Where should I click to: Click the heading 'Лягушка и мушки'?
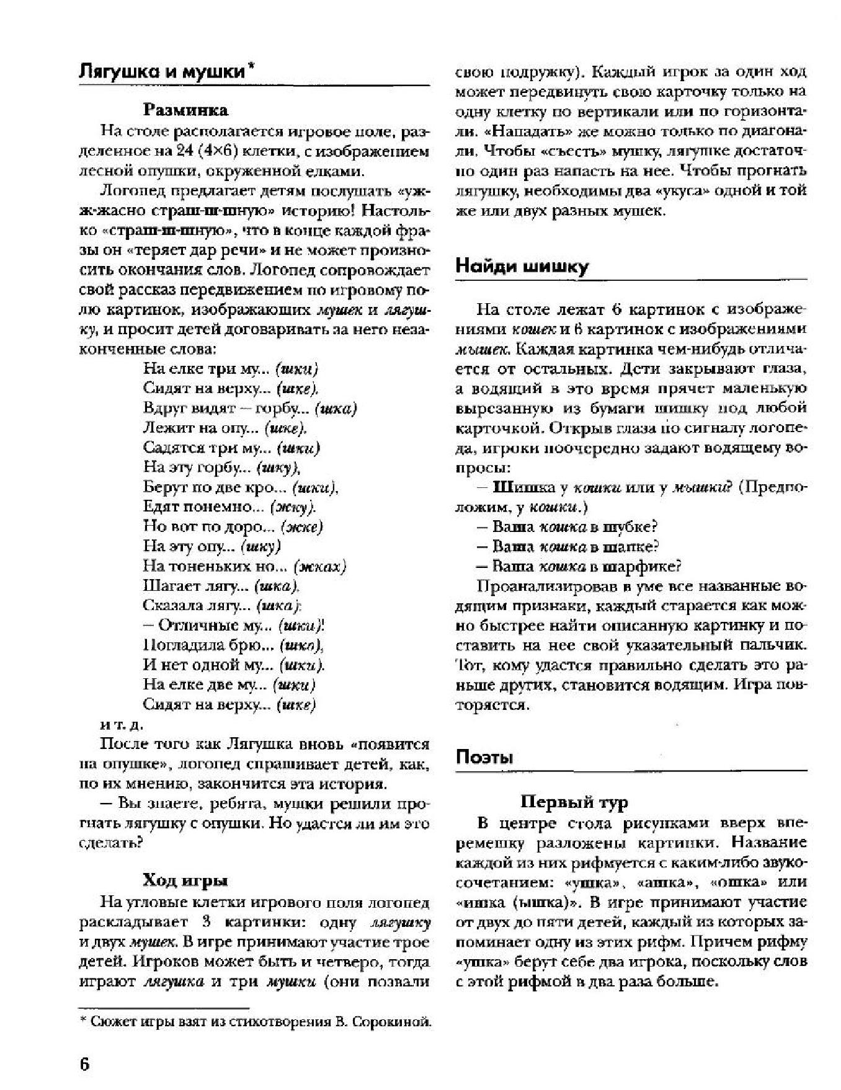(162, 72)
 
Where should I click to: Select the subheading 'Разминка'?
(185, 110)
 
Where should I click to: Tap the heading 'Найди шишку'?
(522, 267)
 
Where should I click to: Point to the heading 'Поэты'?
(484, 757)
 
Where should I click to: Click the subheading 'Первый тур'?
(574, 802)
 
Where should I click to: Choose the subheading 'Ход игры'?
(185, 880)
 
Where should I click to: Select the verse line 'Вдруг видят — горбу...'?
(250, 408)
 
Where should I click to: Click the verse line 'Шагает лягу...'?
(221, 586)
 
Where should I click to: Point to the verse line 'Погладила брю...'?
(233, 645)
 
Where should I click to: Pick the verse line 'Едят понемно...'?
(229, 507)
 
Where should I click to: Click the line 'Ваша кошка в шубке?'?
(567, 526)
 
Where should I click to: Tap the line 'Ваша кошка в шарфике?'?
(579, 566)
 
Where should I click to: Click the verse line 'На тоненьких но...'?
(244, 566)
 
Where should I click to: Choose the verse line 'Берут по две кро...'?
(240, 487)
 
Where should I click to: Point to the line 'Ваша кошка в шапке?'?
(567, 546)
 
